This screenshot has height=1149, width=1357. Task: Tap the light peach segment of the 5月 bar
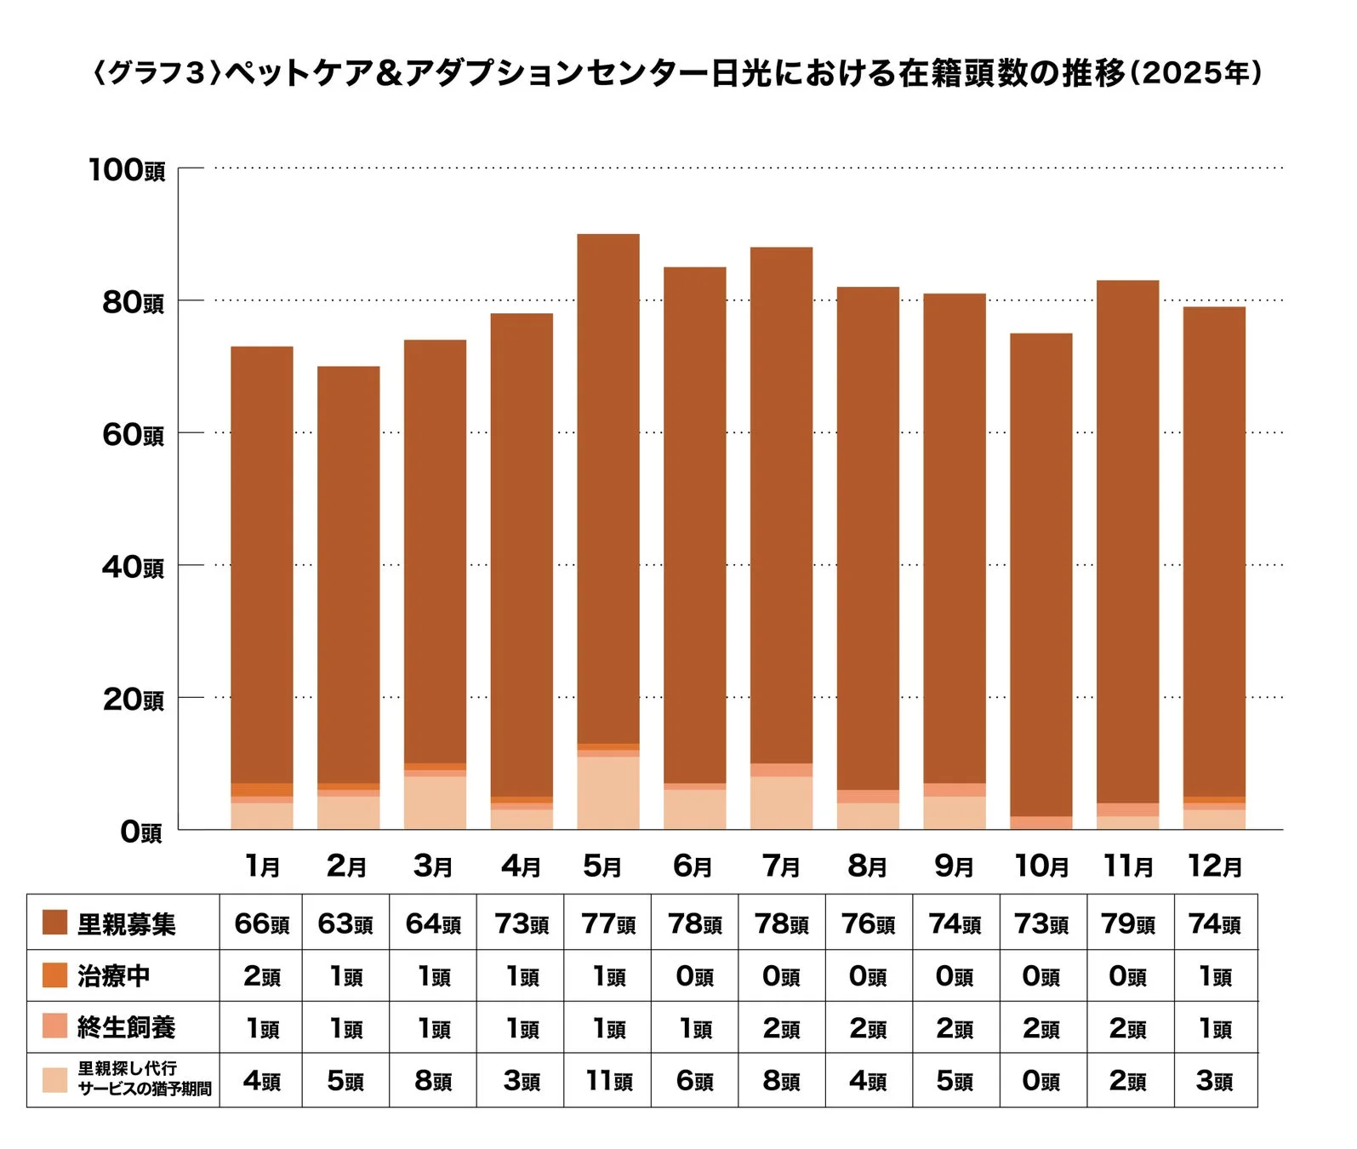607,792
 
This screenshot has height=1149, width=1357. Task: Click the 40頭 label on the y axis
133,566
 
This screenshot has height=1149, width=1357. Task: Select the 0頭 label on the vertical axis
140,832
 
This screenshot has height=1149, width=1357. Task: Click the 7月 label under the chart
780,866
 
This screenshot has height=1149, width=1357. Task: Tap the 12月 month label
1214,866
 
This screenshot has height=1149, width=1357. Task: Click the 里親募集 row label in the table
126,923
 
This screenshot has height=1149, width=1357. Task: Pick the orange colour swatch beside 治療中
54,975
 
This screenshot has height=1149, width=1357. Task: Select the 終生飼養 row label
126,1027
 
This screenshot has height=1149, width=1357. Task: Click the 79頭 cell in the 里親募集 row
1127,923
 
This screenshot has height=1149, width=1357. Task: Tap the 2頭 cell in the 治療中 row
261,976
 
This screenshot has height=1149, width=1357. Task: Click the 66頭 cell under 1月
261,923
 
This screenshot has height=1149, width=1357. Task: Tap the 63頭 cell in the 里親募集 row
345,923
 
